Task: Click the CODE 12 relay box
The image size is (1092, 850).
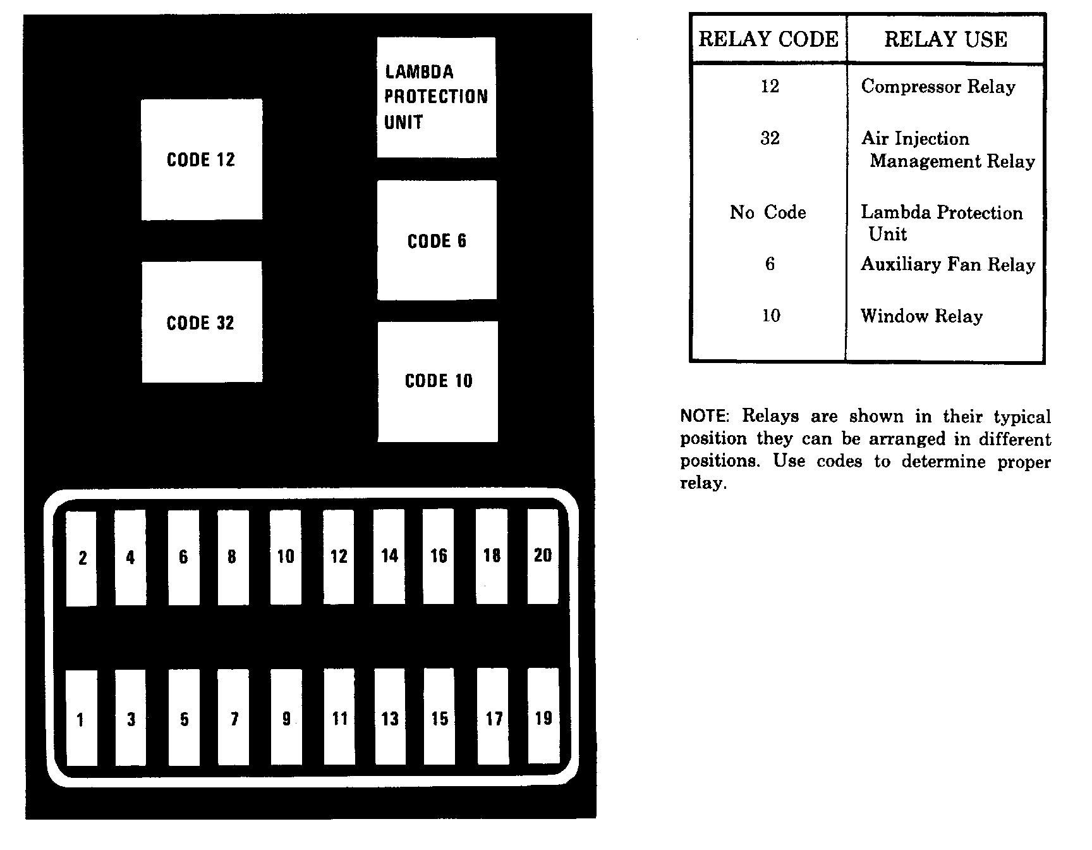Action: (x=202, y=159)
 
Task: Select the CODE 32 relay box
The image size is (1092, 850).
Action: (x=202, y=322)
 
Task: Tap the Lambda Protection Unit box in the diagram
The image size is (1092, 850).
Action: (x=436, y=97)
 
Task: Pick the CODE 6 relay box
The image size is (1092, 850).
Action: (x=437, y=240)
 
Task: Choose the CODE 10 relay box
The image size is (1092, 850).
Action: (x=438, y=381)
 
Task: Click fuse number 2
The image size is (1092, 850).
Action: (x=82, y=558)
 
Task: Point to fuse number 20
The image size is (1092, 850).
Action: (x=543, y=556)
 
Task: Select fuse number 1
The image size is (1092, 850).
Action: (x=81, y=718)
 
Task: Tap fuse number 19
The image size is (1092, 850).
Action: (x=543, y=717)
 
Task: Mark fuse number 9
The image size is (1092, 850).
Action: (x=286, y=718)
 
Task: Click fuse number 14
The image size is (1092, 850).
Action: (x=389, y=556)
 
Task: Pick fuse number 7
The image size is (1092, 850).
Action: (x=234, y=718)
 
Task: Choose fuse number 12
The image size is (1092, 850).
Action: (x=339, y=557)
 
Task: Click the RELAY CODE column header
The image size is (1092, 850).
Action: (x=768, y=39)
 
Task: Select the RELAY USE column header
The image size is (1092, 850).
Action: (x=945, y=39)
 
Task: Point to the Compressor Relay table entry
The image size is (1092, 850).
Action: (x=938, y=87)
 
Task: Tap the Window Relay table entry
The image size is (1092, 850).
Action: (x=921, y=316)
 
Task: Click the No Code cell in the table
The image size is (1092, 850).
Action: (x=768, y=212)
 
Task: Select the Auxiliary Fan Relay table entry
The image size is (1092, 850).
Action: (x=948, y=264)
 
